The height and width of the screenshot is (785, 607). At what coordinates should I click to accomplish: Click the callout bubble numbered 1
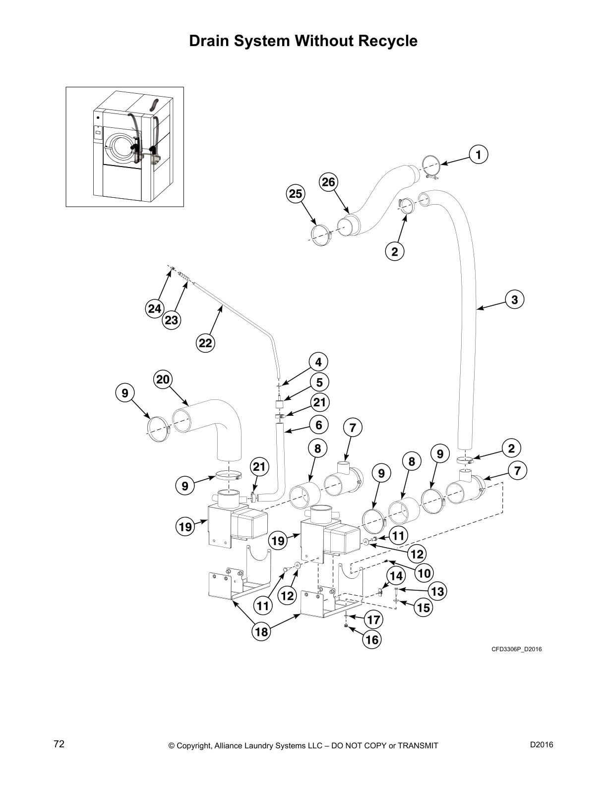click(478, 155)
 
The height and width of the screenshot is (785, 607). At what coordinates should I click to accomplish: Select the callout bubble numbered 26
click(328, 182)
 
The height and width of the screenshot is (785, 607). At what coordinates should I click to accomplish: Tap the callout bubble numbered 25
click(296, 194)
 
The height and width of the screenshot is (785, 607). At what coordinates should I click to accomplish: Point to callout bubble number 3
click(515, 299)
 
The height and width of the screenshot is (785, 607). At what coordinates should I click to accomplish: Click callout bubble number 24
click(154, 309)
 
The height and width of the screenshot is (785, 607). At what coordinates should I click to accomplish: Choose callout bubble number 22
click(205, 343)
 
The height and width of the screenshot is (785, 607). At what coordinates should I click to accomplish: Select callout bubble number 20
click(163, 380)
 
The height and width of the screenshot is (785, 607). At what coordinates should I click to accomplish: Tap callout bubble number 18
click(261, 631)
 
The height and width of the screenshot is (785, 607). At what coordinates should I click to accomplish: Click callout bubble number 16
click(371, 640)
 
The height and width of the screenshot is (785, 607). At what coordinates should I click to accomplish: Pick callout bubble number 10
click(424, 573)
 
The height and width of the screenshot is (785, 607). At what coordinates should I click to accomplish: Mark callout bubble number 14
click(396, 576)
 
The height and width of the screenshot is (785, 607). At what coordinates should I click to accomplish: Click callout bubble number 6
click(319, 425)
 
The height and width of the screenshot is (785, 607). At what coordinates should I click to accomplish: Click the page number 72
click(59, 744)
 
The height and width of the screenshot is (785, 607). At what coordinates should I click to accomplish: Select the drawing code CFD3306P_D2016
click(516, 649)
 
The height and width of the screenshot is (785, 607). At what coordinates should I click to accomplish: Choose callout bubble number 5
click(319, 382)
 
